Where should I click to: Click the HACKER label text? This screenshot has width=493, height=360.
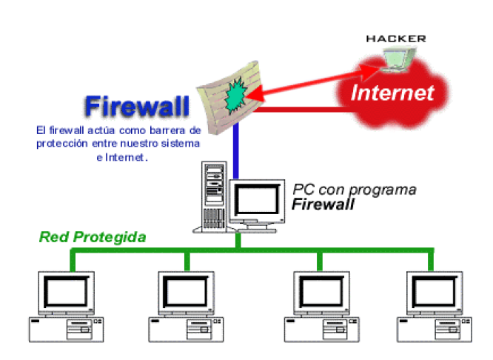pyautogui.click(x=396, y=38)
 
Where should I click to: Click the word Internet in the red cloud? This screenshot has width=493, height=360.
pyautogui.click(x=392, y=93)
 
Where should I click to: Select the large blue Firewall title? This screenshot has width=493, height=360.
pyautogui.click(x=137, y=106)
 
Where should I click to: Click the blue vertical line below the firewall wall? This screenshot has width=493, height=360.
pyautogui.click(x=235, y=152)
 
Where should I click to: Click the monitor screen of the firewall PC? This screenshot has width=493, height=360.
pyautogui.click(x=256, y=199)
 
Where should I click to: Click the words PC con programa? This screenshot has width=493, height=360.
pyautogui.click(x=355, y=189)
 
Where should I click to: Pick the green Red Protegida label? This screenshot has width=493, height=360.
pyautogui.click(x=93, y=237)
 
